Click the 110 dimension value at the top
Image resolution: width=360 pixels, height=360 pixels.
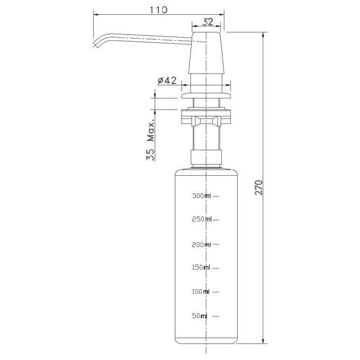coord(159,10)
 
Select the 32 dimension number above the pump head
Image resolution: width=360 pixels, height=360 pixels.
coord(208,22)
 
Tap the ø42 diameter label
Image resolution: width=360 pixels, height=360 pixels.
coord(167,80)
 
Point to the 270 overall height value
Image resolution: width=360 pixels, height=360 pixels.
coord(258,187)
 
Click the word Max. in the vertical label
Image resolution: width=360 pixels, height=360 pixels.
coord(150,131)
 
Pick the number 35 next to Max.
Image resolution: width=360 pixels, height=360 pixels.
coord(150,155)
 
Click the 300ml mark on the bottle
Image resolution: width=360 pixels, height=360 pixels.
coord(201,196)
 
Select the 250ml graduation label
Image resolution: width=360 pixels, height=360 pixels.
coord(201,219)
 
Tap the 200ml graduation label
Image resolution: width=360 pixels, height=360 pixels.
coord(201,245)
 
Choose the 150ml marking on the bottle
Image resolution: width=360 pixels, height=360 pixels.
coord(201,267)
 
